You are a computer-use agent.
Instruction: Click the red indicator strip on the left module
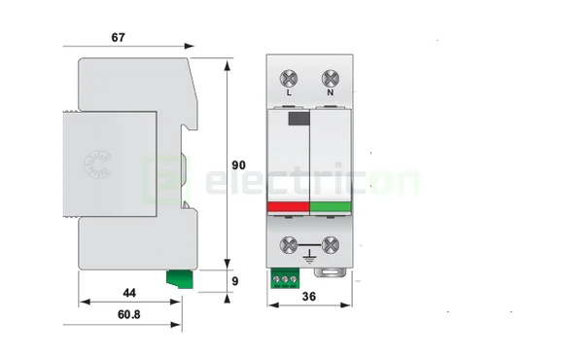pos(287,206)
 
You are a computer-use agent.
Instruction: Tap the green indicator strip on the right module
pos(330,206)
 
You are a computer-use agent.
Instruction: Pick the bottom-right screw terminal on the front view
pos(330,246)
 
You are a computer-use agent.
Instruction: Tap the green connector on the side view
pos(179,280)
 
